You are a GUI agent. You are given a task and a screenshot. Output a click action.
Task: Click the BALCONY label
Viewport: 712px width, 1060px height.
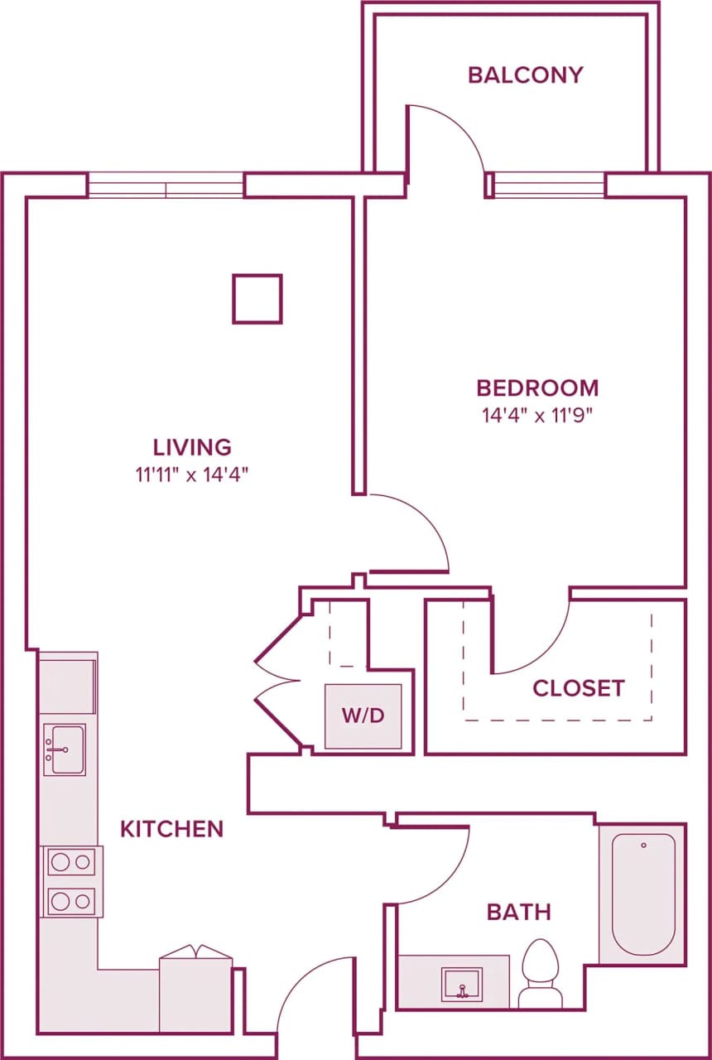[525, 75]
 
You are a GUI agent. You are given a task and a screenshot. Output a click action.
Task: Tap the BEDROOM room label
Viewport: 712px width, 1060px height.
[536, 388]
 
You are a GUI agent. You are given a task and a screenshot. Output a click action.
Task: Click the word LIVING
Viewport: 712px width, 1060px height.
[192, 447]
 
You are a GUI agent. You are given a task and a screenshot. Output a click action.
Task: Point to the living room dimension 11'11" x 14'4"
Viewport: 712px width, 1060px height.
[192, 475]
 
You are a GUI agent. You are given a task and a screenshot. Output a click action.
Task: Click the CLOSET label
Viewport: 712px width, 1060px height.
[578, 688]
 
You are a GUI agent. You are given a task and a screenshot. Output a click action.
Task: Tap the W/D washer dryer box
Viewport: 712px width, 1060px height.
[363, 716]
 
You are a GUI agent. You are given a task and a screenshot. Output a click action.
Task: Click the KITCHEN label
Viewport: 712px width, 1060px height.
[171, 829]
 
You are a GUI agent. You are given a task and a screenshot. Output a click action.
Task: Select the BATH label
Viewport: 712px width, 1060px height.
[518, 913]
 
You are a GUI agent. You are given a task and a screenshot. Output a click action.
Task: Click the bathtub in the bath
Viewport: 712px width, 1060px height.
[643, 894]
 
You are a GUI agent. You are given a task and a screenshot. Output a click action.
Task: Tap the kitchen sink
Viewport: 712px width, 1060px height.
[65, 749]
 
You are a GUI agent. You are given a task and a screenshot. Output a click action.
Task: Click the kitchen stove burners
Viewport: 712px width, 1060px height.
[70, 881]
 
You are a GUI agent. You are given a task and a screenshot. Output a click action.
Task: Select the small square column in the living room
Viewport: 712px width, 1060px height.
[257, 299]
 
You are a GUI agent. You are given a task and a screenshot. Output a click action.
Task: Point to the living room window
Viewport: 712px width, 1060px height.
[166, 185]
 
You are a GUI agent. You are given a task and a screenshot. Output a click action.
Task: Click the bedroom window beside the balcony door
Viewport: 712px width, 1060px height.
[549, 185]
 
